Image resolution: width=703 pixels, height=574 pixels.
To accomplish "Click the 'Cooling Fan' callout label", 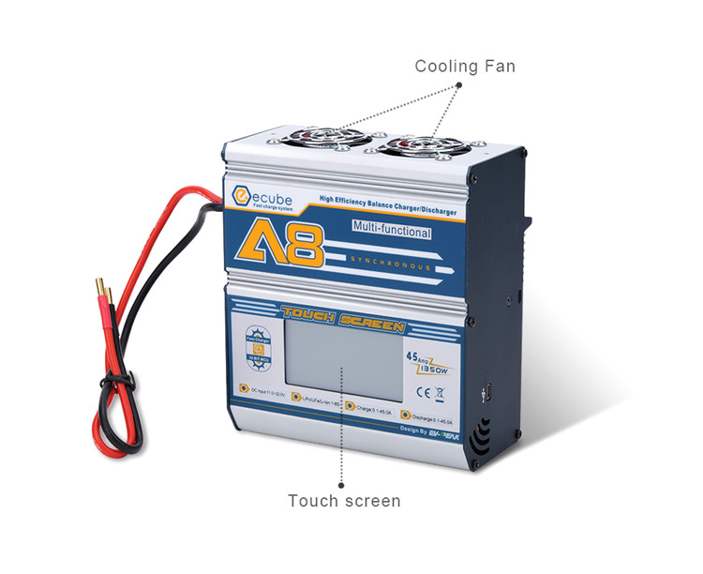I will [465, 67].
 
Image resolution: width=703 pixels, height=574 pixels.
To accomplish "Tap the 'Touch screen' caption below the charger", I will [344, 500].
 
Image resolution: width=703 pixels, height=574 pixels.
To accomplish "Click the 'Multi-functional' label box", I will [392, 229].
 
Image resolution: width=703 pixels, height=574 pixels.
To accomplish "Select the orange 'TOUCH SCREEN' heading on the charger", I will [343, 323].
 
